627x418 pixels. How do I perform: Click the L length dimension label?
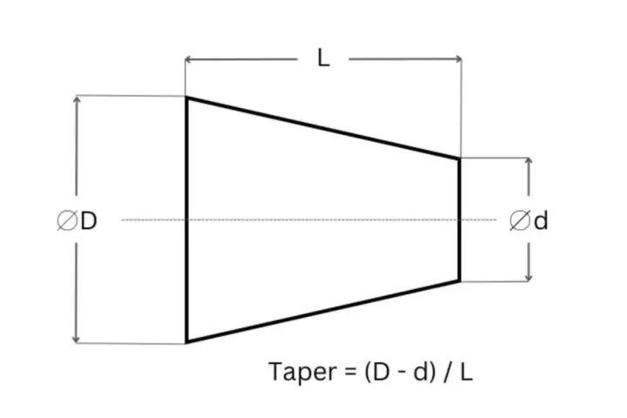323,58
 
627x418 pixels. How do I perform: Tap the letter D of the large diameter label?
88,220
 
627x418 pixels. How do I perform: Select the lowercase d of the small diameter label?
541,220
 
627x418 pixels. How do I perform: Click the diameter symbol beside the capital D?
67,220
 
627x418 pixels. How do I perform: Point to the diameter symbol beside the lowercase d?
520,221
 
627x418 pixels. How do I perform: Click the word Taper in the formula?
303,372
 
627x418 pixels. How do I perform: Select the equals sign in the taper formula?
349,373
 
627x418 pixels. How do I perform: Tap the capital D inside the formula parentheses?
381,372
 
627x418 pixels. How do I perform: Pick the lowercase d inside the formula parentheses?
421,372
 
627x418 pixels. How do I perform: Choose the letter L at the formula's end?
467,372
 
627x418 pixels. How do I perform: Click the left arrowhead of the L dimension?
188,60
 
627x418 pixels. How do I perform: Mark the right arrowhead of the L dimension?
458,59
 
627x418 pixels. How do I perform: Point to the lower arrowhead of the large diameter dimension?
76,340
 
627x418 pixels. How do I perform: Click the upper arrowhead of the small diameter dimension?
529,161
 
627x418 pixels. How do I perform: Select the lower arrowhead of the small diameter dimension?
529,278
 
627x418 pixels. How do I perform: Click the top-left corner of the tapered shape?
186,98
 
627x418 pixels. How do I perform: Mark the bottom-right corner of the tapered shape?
460,281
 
